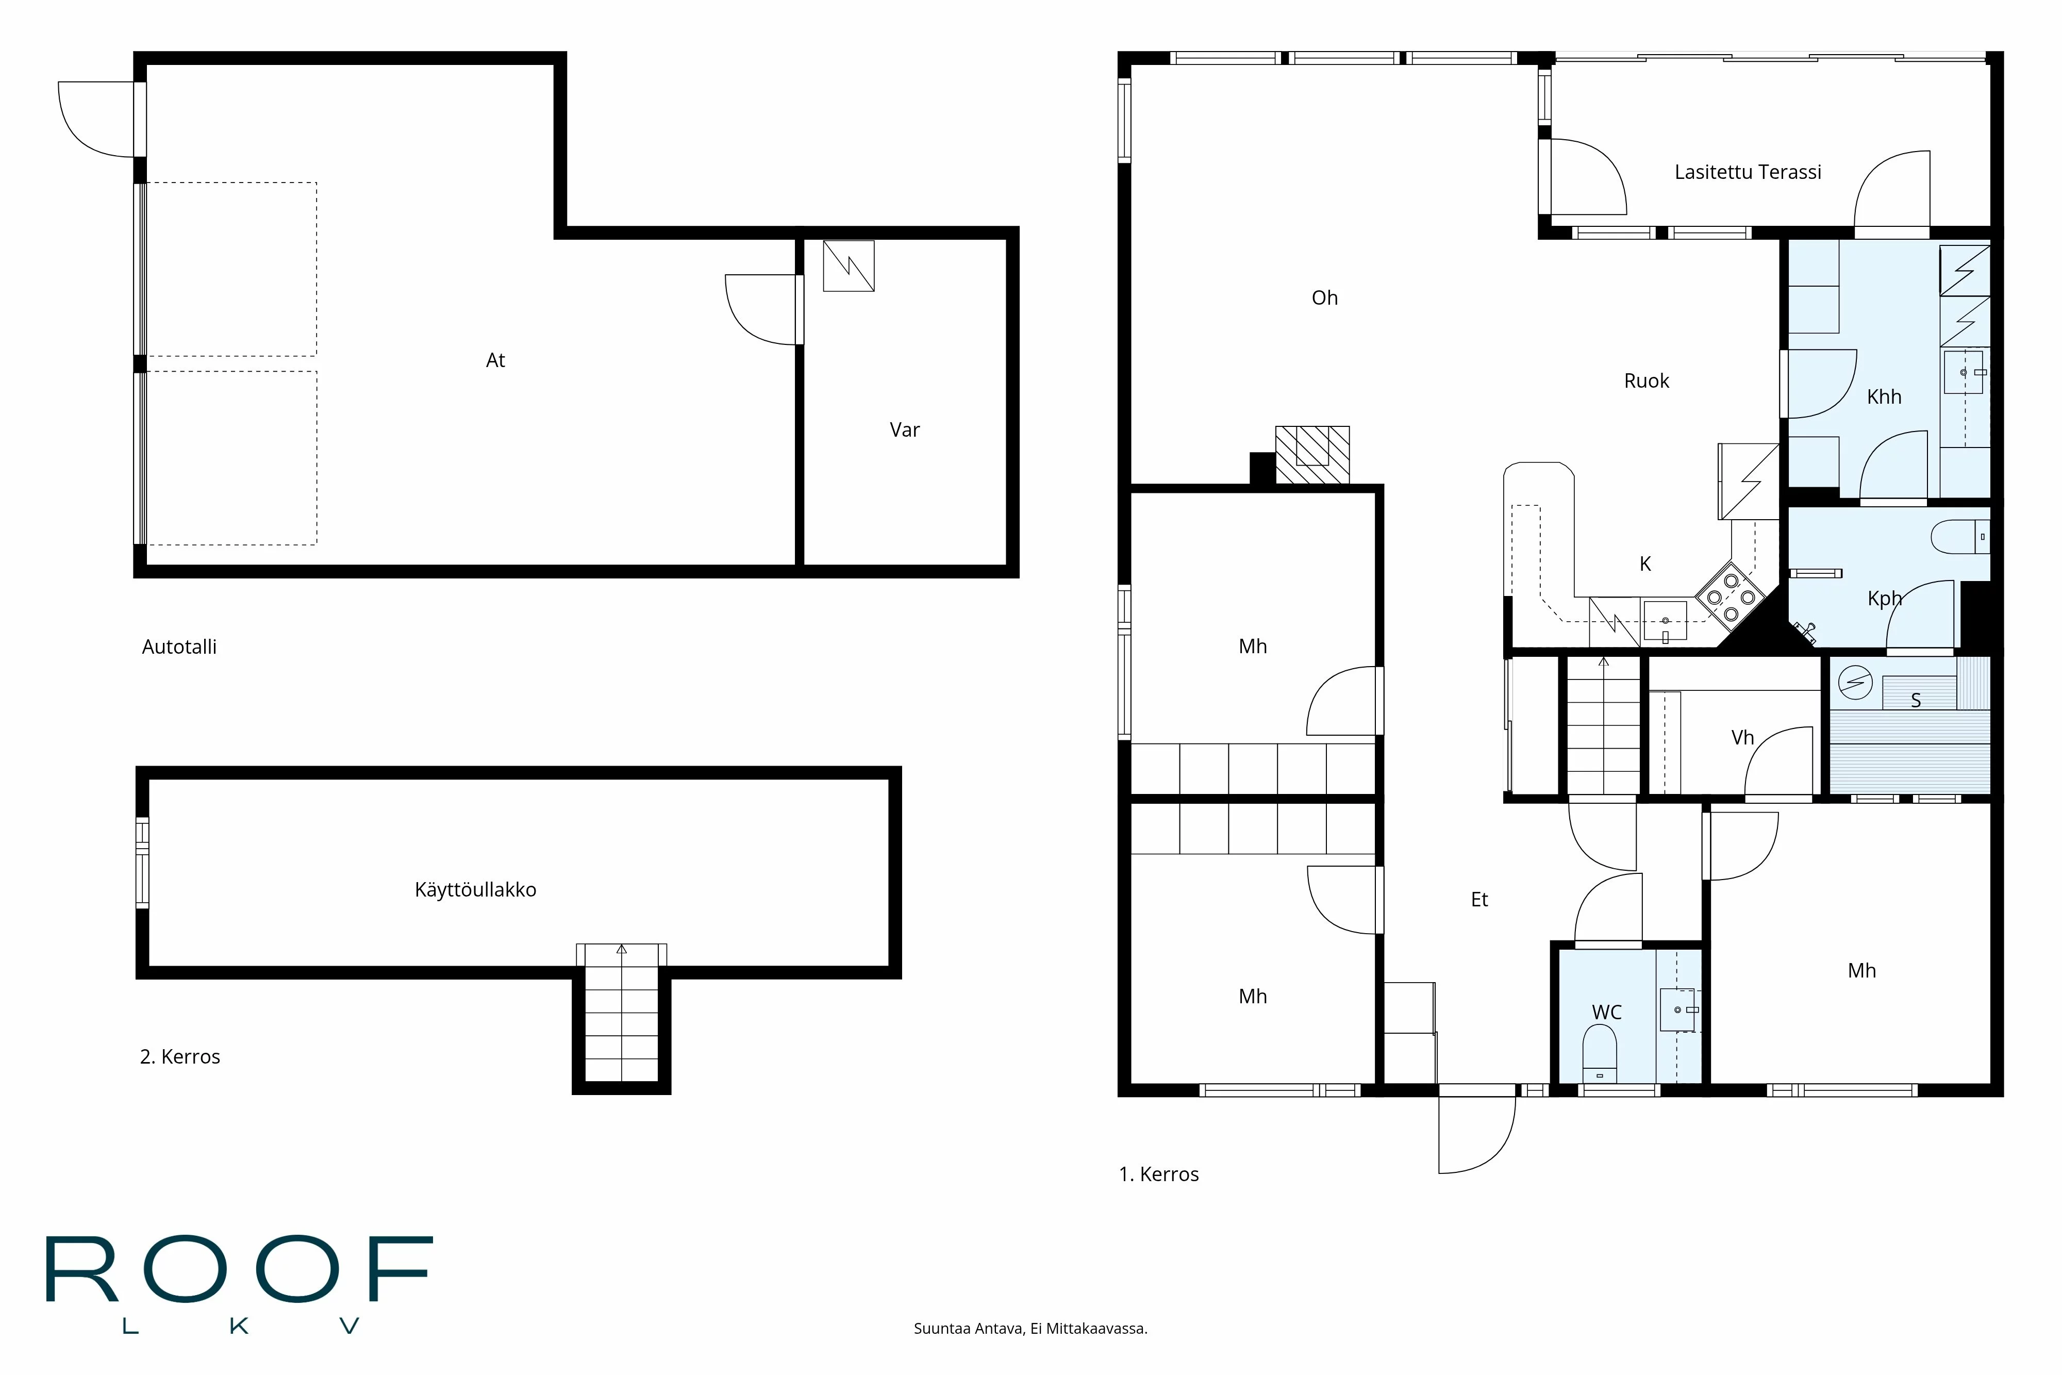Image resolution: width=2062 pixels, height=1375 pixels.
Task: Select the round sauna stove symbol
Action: click(1855, 683)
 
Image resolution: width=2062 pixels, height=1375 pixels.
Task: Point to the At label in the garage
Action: click(495, 360)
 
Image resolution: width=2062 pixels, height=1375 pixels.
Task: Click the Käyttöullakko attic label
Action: click(475, 890)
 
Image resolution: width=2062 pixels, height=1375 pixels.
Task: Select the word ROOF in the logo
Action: click(239, 1270)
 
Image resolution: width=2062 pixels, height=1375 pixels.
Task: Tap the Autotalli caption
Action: click(179, 647)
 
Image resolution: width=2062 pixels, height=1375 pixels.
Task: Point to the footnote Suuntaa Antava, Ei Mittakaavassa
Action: click(1030, 1329)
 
